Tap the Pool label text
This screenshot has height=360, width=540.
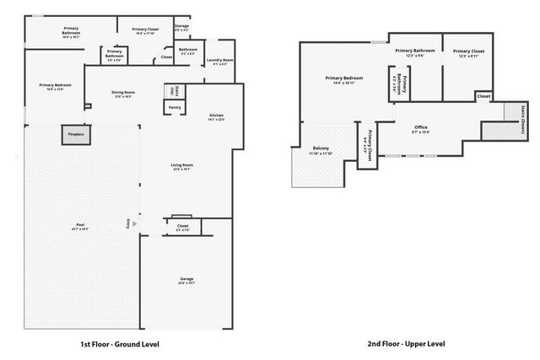point(80,225)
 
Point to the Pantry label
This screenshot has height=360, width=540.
point(175,107)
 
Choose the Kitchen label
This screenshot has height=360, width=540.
point(216,116)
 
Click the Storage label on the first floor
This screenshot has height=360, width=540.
point(181,26)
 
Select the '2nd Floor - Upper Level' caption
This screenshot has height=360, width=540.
point(406,344)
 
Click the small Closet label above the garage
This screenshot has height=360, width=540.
point(183,227)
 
